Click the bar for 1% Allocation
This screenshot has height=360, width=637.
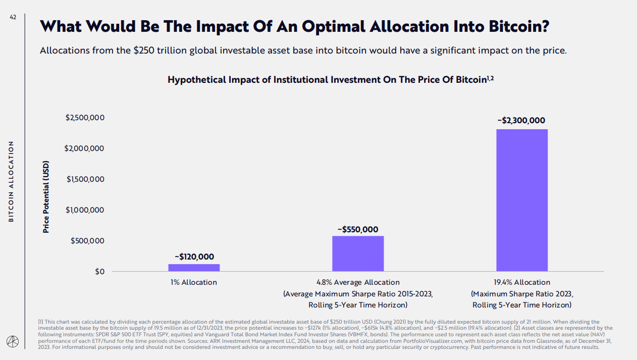pos(194,268)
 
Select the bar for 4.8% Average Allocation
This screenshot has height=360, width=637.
pos(358,253)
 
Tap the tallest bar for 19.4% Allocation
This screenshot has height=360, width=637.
pos(522,200)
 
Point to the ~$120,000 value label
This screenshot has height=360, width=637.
pos(194,256)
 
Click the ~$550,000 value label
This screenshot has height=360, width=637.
pos(358,229)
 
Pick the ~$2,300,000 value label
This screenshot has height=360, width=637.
pos(521,121)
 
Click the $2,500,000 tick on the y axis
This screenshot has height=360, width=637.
pos(85,118)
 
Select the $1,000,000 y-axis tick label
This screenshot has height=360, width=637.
pos(85,210)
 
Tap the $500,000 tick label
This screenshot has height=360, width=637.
pos(87,241)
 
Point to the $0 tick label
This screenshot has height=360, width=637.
pos(99,272)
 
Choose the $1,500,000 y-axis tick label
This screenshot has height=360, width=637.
pos(85,179)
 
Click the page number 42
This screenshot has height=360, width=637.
pos(13,17)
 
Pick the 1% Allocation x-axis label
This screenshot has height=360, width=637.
pos(194,282)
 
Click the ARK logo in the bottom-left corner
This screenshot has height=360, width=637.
pos(12,342)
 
